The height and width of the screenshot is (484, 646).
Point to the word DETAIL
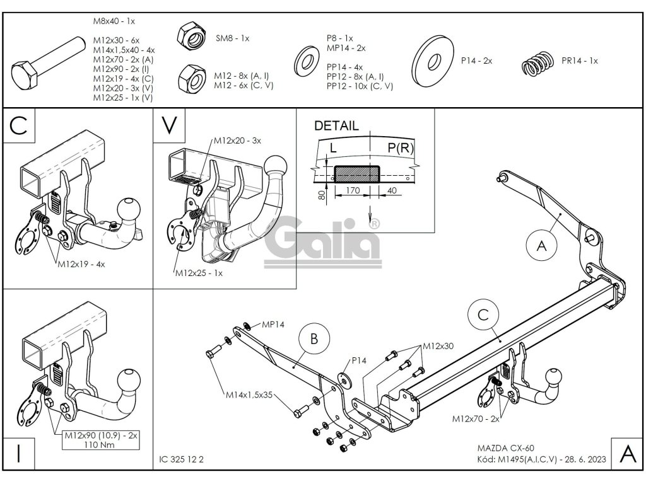(336, 125)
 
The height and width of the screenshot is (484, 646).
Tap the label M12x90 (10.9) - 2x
(101, 434)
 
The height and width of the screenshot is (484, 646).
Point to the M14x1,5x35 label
(250, 396)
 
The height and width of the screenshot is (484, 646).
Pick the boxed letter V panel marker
(167, 124)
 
